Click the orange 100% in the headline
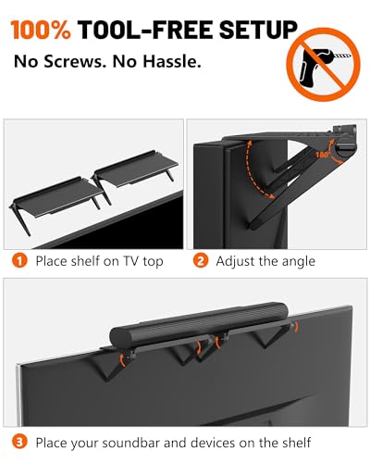(41, 30)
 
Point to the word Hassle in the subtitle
(172, 61)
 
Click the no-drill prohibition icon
(323, 64)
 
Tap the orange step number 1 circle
(19, 261)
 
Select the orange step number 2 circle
(201, 261)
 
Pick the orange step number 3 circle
(19, 443)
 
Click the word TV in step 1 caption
(131, 261)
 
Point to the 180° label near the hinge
(322, 154)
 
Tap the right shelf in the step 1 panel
(136, 169)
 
